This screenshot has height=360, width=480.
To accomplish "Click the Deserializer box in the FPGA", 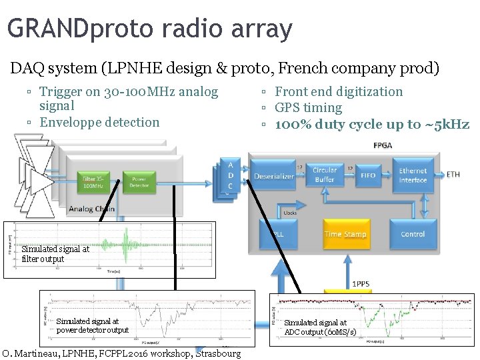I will tap(274, 176).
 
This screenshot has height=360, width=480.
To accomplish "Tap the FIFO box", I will tap(369, 175).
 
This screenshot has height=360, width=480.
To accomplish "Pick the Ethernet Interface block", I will tap(413, 175).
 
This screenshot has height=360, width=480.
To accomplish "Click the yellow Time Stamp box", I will tap(345, 234).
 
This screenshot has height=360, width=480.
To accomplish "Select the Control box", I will tap(413, 234).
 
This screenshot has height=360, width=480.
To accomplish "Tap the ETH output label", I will tap(453, 175).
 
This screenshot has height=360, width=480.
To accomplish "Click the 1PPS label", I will tap(361, 283).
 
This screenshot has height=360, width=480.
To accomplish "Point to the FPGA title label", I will tap(383, 145).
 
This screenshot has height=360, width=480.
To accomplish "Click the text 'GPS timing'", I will tap(308, 107).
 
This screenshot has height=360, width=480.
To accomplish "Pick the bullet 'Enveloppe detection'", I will tap(99, 122).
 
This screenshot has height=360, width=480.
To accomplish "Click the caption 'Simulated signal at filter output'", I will tap(55, 254).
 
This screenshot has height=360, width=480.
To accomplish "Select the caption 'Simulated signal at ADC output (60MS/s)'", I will tap(320, 327).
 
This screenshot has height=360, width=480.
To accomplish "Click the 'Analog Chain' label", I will tap(91, 209).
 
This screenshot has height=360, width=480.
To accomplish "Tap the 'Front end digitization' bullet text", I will tap(339, 91).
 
